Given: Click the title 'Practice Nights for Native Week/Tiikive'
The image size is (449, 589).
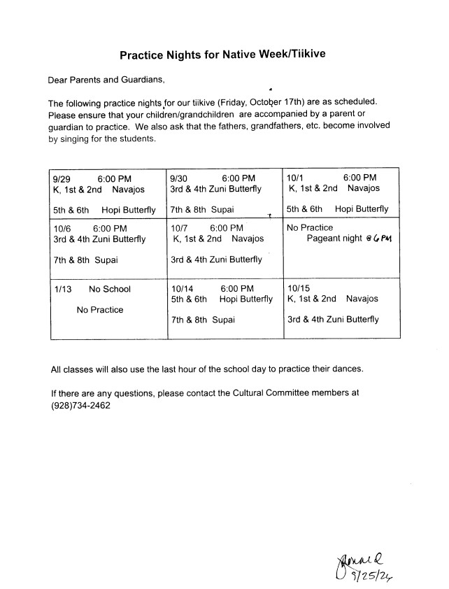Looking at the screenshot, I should (222, 54).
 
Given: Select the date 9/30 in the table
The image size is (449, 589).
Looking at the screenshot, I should (179, 178).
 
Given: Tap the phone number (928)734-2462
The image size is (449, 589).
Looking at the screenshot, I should (81, 405).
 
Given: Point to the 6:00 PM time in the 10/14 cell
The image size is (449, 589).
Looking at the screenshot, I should (237, 288).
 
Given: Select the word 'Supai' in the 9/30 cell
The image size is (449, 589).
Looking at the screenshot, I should (223, 209).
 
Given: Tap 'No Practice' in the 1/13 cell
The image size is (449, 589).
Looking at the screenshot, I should (99, 310).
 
